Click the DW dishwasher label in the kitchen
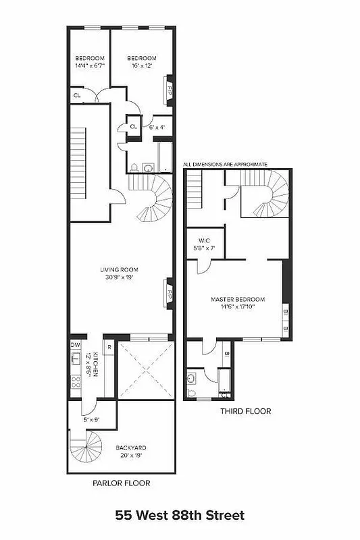pos(76,344)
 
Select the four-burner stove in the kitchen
pos(75,382)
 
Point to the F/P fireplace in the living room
pos(170,294)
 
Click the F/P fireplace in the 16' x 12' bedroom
pos(170,88)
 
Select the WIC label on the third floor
pos(205,240)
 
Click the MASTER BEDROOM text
pos(237,299)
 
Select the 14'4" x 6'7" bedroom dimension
pos(87,66)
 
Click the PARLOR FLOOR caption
pos(121,483)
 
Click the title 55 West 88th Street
pos(180,516)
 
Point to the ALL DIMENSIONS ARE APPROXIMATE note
pos(225,164)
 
